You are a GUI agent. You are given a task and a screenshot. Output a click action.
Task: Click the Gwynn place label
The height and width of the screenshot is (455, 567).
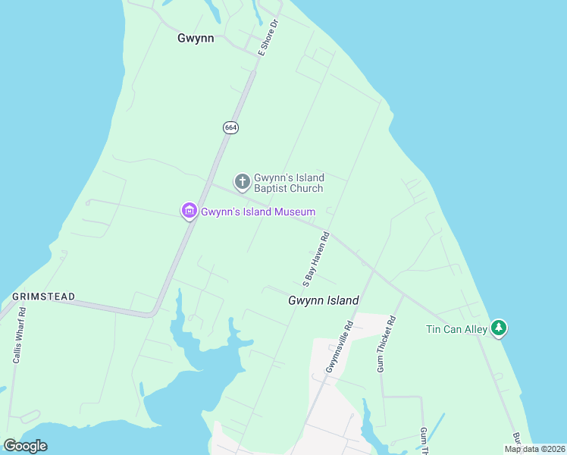[x=196, y=38]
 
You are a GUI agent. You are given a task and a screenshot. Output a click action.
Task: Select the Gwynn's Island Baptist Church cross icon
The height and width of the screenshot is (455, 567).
[x=243, y=181]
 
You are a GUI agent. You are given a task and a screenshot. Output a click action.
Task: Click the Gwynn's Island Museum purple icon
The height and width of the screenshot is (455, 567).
[x=189, y=211]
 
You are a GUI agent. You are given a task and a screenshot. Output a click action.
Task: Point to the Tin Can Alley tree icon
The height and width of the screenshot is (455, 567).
[x=498, y=328]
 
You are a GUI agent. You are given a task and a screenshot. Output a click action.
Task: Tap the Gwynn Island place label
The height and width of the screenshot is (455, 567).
[x=323, y=301]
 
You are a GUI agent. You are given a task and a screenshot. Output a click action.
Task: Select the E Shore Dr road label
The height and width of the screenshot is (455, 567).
[x=269, y=38]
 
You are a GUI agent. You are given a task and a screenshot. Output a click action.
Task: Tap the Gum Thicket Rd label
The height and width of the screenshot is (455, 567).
[x=387, y=344]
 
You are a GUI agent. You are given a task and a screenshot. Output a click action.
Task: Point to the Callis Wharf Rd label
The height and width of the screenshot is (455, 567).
[x=20, y=334]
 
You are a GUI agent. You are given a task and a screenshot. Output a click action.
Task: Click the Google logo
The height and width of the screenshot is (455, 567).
[x=25, y=446]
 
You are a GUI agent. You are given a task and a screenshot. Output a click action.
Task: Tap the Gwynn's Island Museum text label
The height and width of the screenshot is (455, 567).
[x=258, y=212]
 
